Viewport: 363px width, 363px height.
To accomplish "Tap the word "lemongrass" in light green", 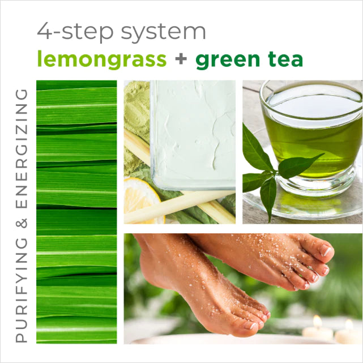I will click(x=101, y=59).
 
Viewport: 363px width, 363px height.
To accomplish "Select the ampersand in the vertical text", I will click(x=21, y=230).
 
